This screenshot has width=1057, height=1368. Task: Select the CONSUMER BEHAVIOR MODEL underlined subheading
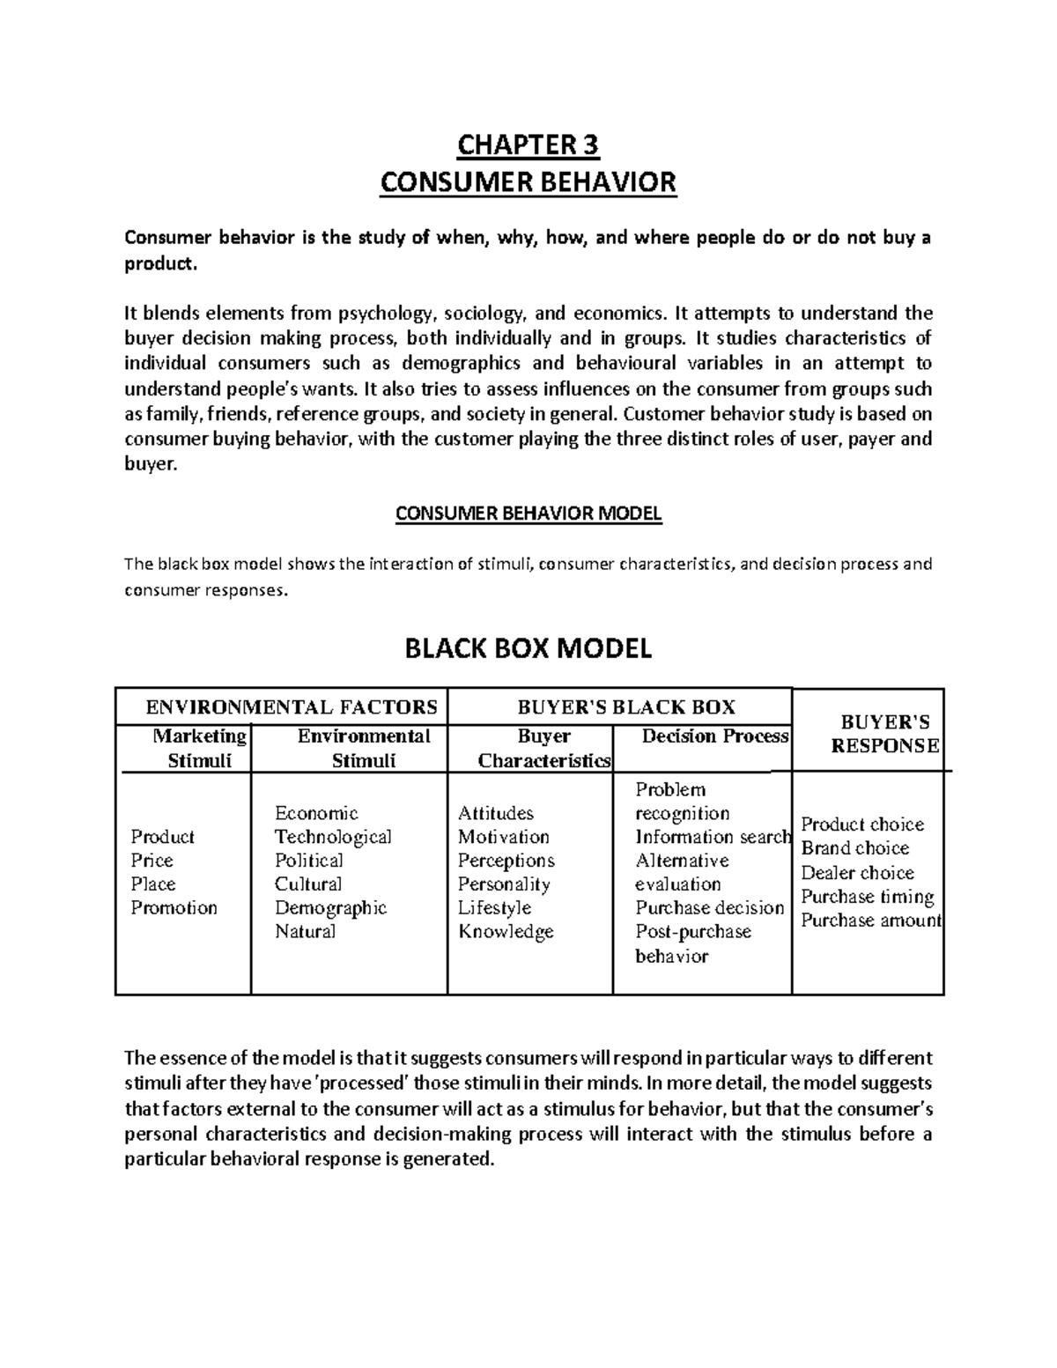point(528,514)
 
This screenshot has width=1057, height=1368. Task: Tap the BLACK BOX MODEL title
point(528,649)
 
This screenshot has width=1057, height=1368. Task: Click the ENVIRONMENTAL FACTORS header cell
point(291,706)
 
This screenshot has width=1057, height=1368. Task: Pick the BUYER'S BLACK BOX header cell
point(626,706)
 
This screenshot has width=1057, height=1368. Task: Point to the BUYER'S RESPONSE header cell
point(885,734)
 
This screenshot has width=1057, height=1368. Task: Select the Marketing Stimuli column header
point(199,748)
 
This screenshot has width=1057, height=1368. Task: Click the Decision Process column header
point(715,736)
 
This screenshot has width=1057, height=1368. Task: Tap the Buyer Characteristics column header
point(543,748)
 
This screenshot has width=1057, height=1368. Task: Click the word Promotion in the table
point(174,908)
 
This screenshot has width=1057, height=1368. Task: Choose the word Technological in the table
point(333,837)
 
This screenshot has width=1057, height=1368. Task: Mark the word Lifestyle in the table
point(494,908)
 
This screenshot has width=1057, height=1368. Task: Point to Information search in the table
point(713,837)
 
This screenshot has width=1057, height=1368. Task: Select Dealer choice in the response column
point(857,873)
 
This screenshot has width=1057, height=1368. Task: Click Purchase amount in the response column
point(871,921)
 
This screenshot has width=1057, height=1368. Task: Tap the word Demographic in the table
point(330,908)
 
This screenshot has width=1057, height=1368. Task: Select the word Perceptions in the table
point(506,861)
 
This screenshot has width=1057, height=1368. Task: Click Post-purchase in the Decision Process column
point(693,932)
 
